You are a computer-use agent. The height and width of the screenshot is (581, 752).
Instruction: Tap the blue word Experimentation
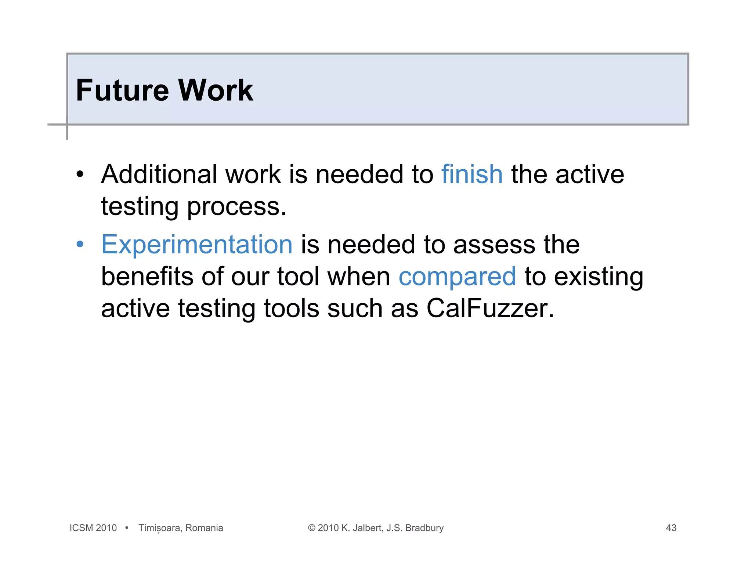coord(197,245)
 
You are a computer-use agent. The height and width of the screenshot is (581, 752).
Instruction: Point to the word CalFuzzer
coord(490,308)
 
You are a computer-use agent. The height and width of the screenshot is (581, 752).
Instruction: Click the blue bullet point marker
coord(80,245)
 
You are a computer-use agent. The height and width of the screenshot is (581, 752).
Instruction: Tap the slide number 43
coord(671,528)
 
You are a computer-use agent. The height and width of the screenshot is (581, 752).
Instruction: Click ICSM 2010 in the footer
coord(93,528)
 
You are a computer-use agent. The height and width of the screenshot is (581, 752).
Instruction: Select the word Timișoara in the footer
coord(159,528)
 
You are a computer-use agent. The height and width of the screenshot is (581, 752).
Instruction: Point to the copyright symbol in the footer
coord(311,528)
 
